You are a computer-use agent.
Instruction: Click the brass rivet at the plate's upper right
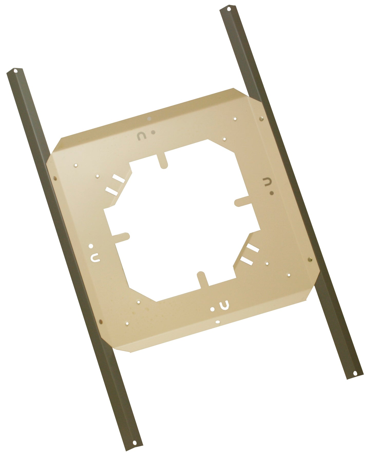click(x=261, y=119)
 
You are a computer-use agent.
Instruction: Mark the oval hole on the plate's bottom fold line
click(x=218, y=321)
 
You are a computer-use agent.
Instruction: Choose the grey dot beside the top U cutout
click(x=153, y=132)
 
